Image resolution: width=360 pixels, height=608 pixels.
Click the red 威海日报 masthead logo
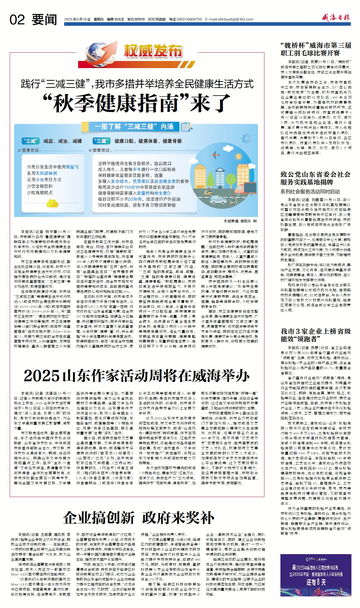point(336,17)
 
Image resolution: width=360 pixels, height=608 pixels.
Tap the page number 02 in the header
point(17,20)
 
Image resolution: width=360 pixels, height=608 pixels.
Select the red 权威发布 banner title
point(153,51)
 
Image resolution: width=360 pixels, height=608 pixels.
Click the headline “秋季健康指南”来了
point(137,103)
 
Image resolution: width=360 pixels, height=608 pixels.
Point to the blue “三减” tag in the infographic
point(30,141)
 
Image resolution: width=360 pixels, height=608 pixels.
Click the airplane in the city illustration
point(216,155)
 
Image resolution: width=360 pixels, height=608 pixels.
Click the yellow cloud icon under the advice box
point(52,203)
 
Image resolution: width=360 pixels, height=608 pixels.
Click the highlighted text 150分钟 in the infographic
point(131,187)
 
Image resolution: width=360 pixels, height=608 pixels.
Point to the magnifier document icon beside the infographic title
point(187,127)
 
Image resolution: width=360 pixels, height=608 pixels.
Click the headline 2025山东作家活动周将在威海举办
point(137,376)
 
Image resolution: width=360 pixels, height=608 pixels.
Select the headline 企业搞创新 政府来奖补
point(138,518)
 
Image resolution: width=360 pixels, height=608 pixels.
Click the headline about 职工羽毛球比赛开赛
point(316,49)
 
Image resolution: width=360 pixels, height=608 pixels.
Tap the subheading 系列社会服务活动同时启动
point(310,192)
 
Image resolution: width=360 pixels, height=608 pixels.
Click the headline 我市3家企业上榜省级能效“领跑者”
point(316,335)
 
